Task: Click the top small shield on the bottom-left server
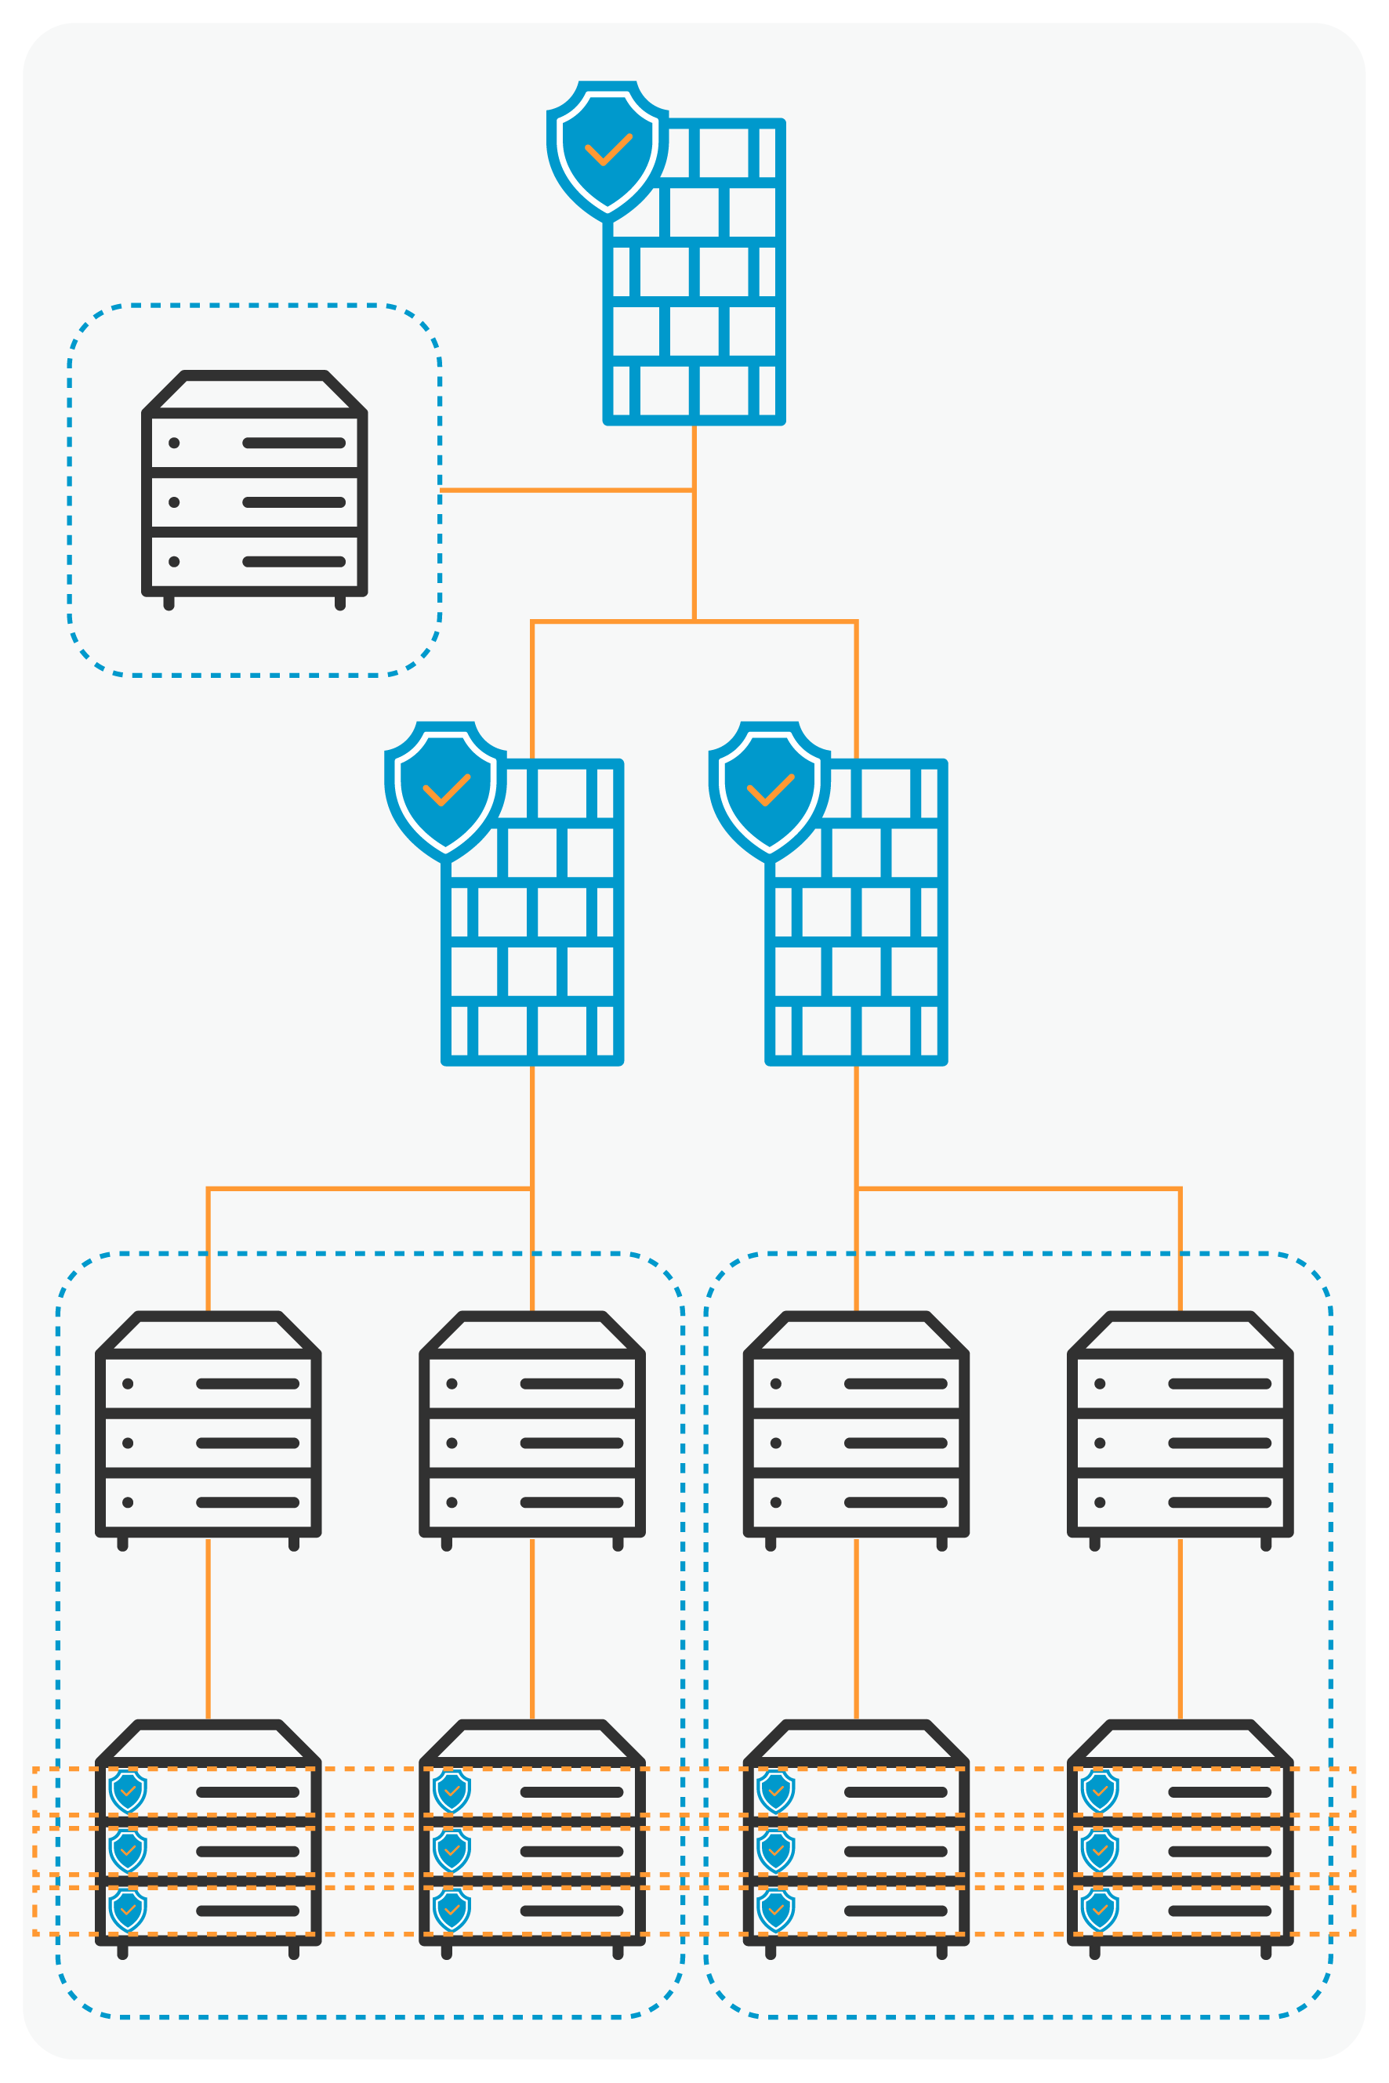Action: tap(128, 1791)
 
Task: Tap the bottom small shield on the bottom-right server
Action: tap(1099, 1911)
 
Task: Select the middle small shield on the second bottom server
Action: tap(452, 1851)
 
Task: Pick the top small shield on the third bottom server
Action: tap(776, 1791)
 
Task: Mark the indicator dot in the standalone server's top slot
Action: tap(175, 443)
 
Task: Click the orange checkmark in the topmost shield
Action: tap(608, 150)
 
